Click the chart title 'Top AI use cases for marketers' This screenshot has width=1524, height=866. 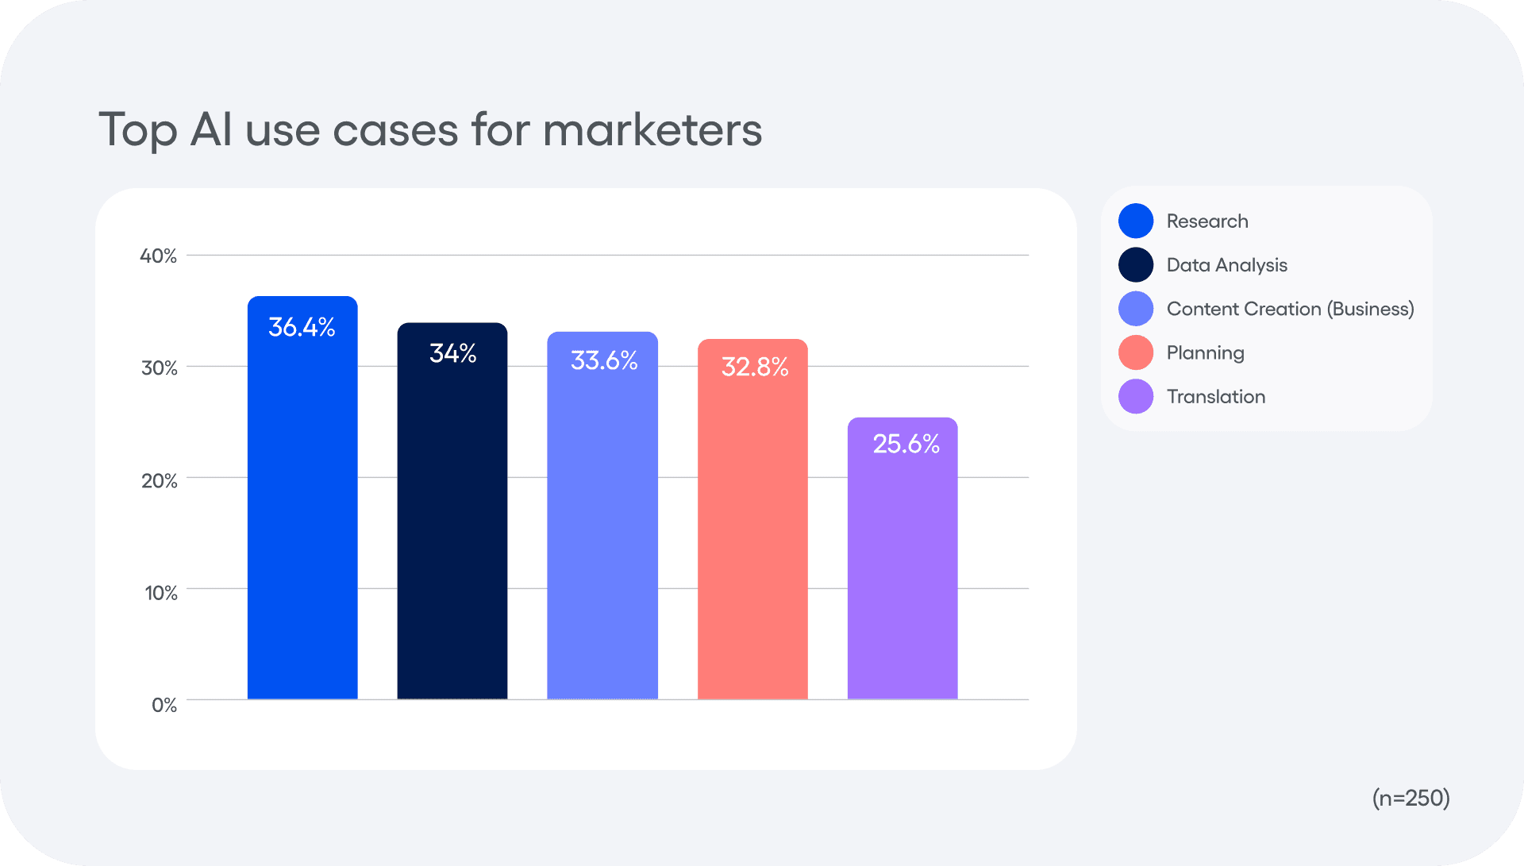tap(429, 129)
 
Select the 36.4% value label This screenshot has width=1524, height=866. tap(302, 327)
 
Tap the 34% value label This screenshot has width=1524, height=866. tap(452, 353)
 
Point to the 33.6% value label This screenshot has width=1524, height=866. tap(604, 361)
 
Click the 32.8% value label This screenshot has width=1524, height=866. tap(754, 367)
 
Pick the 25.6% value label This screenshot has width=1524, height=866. tap(906, 444)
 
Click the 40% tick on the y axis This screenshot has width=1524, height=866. tap(159, 256)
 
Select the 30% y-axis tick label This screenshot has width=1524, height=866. tap(160, 368)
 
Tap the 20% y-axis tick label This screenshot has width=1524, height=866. tap(160, 481)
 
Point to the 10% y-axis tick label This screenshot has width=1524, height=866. tap(161, 593)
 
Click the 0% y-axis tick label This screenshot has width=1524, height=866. tap(164, 705)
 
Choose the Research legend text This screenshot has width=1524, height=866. tap(1207, 221)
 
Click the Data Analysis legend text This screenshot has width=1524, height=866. tap(1226, 265)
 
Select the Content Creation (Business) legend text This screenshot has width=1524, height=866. tap(1290, 309)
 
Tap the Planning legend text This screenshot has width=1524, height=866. tap(1205, 353)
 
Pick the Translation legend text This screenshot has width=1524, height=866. tap(1216, 397)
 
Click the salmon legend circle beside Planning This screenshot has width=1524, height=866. tap(1136, 352)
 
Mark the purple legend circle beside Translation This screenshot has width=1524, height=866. tap(1136, 397)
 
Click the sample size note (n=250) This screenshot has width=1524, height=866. tap(1410, 798)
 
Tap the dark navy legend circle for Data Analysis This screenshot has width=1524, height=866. tap(1136, 265)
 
